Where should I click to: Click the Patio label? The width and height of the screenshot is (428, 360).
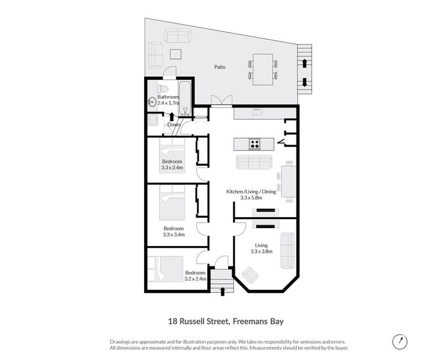coord(220,67)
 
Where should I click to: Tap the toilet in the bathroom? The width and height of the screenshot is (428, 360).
coord(163,88)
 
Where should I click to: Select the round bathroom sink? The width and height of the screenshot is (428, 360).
coord(152,103)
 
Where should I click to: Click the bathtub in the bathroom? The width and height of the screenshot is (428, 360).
coord(185,98)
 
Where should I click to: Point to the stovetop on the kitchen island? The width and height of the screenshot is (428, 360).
coord(255,144)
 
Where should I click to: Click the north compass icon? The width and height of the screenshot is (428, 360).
coord(400,341)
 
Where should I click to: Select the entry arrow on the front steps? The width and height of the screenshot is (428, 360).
coord(223,291)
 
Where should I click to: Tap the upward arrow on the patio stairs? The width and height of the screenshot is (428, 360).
coord(304,64)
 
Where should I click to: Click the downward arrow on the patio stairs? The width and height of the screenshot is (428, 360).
coord(304,82)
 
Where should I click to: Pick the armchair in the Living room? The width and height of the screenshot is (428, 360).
coord(250,275)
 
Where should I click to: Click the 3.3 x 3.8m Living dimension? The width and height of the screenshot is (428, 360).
coord(262,251)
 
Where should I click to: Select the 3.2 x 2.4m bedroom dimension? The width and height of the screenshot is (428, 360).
coord(195,278)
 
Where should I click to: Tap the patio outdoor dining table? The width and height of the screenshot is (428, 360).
coord(263,70)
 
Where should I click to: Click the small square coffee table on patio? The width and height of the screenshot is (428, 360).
coord(175,54)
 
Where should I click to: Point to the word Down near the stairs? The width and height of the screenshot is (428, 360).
coord(174,124)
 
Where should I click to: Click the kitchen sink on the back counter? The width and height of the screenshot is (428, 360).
coord(257,112)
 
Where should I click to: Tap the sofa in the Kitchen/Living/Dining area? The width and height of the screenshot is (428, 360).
coord(254,162)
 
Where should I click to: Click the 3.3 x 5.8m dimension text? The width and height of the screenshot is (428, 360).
coord(251,197)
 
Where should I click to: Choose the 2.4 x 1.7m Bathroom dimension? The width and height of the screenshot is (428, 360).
coord(169,103)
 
